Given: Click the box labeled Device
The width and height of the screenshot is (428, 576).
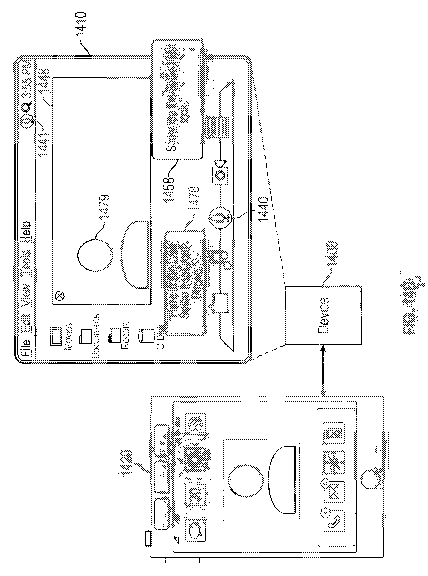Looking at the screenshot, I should (322, 315).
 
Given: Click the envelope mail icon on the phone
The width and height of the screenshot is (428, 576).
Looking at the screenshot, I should (334, 495).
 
